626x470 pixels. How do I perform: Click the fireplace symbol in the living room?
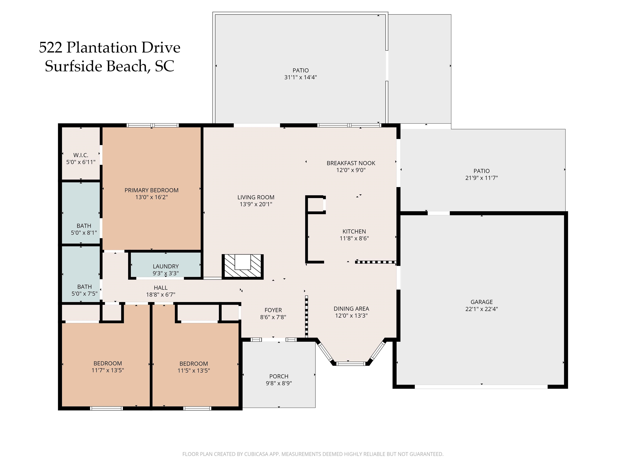click(x=242, y=267)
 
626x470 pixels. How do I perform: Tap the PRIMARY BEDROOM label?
click(x=151, y=190)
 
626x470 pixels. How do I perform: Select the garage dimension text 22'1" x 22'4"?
click(x=481, y=309)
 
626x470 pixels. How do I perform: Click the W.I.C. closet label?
click(x=81, y=155)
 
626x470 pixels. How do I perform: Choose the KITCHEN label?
click(x=354, y=232)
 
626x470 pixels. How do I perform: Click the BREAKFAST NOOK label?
click(x=351, y=163)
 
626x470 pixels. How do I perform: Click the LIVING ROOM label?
click(x=256, y=197)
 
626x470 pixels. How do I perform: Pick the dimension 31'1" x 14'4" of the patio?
click(x=301, y=77)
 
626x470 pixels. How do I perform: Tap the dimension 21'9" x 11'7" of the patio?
click(x=481, y=178)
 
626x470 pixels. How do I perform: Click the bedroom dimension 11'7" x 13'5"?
click(x=108, y=370)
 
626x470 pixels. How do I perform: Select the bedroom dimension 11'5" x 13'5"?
click(x=194, y=371)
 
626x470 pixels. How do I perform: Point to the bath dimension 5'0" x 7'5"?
click(x=84, y=294)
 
